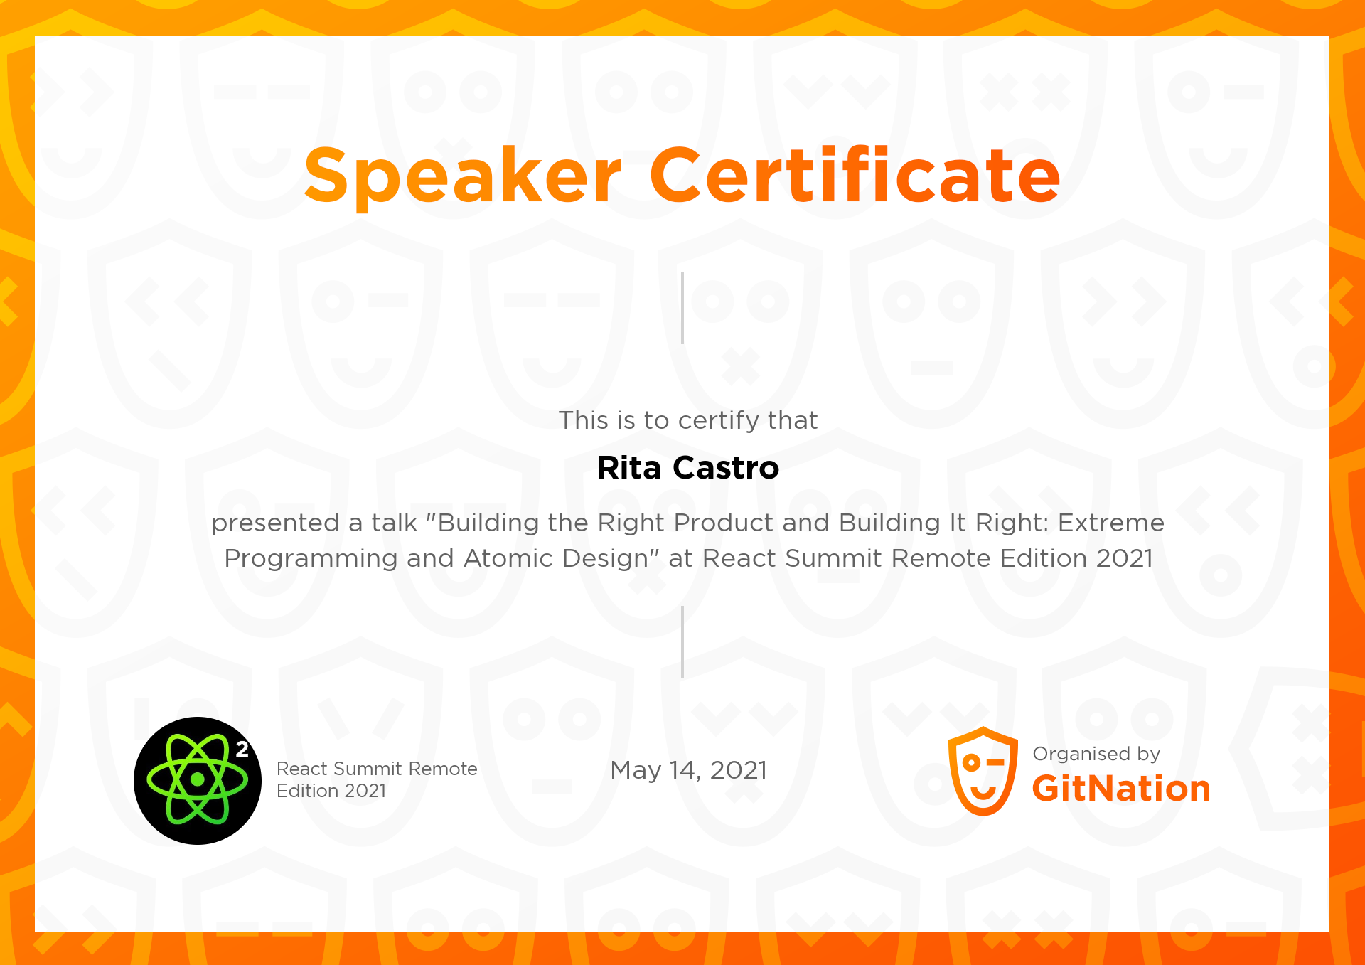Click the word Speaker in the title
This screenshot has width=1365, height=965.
462,176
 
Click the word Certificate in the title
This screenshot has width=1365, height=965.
855,174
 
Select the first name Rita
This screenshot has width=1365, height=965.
628,468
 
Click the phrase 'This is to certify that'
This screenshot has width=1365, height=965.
687,420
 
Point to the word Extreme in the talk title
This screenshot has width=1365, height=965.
1110,523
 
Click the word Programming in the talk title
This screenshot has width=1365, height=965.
310,559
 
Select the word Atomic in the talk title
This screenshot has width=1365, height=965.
508,558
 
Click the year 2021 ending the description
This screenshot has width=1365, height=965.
1124,558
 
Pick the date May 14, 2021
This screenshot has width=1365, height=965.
688,770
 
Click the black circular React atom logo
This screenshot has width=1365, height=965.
197,780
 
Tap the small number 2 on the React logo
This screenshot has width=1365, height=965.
242,749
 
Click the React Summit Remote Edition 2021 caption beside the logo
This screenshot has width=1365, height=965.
376,779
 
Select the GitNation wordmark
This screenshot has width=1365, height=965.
1120,789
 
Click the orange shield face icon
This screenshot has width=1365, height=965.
983,771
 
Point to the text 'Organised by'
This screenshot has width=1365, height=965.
1096,754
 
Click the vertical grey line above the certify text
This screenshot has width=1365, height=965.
682,308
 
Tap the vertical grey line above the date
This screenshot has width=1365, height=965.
682,642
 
